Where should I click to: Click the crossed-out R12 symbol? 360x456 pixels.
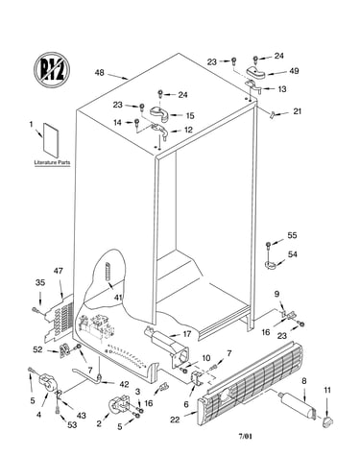pos(52,69)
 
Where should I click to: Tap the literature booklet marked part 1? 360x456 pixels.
pos(51,140)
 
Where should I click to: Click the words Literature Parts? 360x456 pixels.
pos(52,162)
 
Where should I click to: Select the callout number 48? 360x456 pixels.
pos(99,73)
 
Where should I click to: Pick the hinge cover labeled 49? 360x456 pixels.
pos(256,73)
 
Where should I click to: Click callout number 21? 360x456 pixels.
pos(298,111)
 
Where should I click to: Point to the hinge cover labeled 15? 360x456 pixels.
pos(159,113)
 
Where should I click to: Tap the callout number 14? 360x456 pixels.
pos(118,122)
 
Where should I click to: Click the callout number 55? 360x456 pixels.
pos(292,235)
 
